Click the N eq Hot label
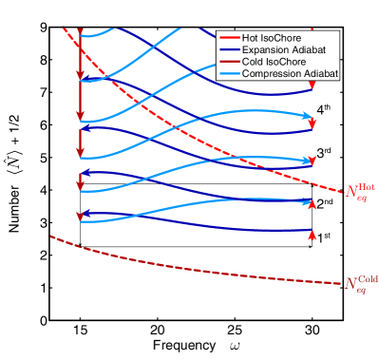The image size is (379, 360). pyautogui.click(x=358, y=192)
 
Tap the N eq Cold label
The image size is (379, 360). pyautogui.click(x=359, y=283)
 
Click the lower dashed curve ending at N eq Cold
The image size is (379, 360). pyautogui.click(x=190, y=267)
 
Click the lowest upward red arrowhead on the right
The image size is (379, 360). pyautogui.click(x=312, y=235)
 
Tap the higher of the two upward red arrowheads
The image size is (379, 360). pyautogui.click(x=312, y=203)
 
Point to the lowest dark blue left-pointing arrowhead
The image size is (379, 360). pyautogui.click(x=85, y=213)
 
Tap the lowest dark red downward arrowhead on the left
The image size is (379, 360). pyautogui.click(x=80, y=216)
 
